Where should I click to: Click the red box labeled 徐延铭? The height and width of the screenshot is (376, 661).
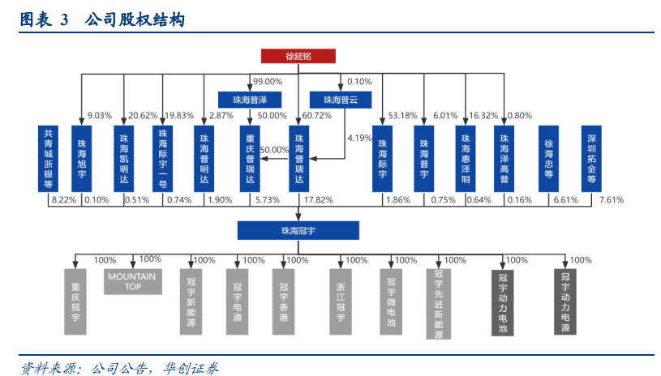298,56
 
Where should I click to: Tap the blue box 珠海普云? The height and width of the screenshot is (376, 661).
340,100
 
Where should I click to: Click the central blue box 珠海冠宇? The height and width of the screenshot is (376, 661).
298,230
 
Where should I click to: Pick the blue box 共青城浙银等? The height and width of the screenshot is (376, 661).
49,157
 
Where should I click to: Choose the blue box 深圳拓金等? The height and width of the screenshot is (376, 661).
592,157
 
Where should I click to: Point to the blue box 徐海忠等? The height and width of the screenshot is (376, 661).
548,157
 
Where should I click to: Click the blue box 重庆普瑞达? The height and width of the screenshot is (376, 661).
251,157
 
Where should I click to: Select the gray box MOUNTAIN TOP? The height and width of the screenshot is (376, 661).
132,281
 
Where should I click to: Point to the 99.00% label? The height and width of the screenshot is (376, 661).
268,82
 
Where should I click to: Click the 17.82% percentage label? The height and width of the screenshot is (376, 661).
318,200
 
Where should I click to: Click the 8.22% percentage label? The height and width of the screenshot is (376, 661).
62,200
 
